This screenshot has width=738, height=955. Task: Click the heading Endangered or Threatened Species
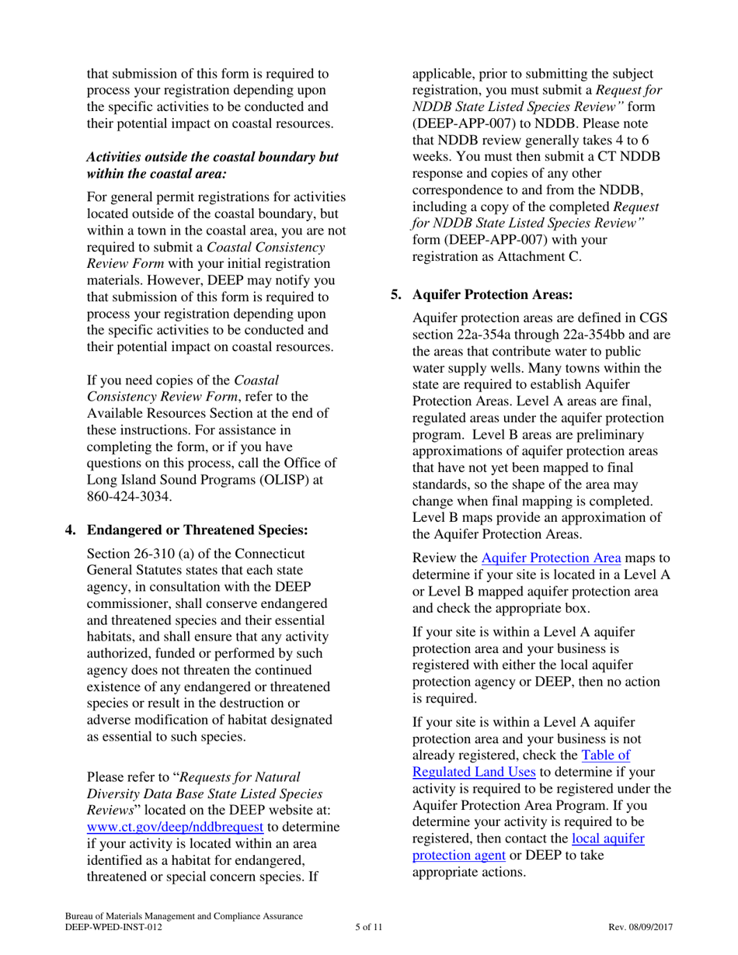coord(197,530)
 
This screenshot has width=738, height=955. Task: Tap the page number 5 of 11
coord(368,927)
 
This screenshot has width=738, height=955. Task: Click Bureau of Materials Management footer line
coord(183,917)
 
